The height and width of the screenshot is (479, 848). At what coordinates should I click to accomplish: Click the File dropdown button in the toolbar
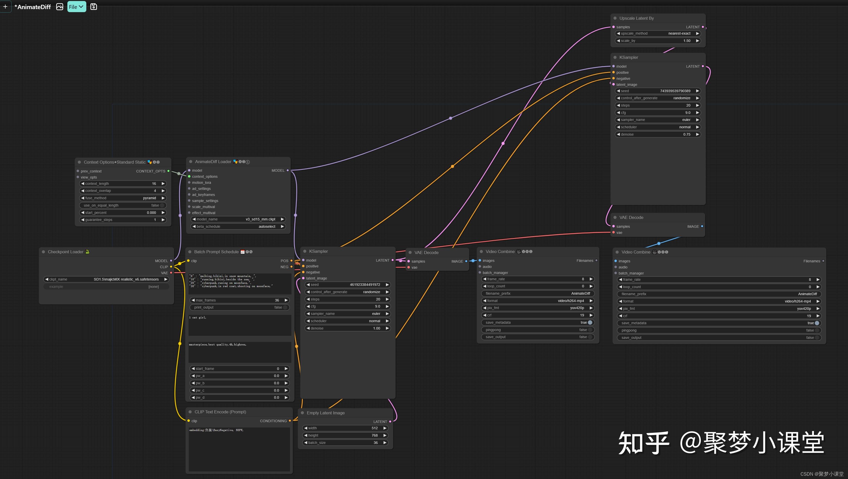pyautogui.click(x=76, y=7)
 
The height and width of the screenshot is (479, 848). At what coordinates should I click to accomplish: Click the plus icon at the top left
pyautogui.click(x=5, y=7)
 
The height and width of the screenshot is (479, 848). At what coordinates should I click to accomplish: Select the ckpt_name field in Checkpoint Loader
pyautogui.click(x=106, y=279)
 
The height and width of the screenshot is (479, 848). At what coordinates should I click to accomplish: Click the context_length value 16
pyautogui.click(x=154, y=184)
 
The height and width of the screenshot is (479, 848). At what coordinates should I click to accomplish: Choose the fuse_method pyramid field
pyautogui.click(x=123, y=198)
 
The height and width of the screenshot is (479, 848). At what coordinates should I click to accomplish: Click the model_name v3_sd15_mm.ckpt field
pyautogui.click(x=238, y=219)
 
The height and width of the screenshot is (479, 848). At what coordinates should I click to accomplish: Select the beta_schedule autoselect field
pyautogui.click(x=238, y=227)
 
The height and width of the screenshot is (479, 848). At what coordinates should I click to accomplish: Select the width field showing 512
pyautogui.click(x=345, y=428)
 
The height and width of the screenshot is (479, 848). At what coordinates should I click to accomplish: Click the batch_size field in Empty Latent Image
pyautogui.click(x=345, y=443)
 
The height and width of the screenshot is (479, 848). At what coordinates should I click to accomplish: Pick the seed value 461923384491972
pyautogui.click(x=365, y=285)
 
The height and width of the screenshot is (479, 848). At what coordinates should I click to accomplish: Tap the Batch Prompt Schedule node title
pyautogui.click(x=216, y=252)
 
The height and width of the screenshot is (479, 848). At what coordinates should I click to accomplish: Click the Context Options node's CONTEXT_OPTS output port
pyautogui.click(x=169, y=171)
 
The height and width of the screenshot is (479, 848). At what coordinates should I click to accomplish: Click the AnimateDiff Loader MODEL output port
pyautogui.click(x=288, y=170)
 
